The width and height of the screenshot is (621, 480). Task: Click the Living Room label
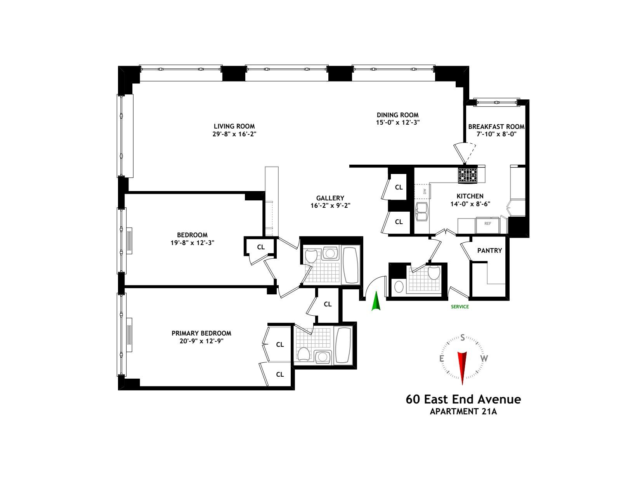tap(234, 126)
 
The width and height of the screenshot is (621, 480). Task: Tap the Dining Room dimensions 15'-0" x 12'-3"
tap(397, 122)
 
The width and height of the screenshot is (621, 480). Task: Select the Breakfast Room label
tap(496, 127)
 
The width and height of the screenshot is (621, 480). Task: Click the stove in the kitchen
tap(468, 175)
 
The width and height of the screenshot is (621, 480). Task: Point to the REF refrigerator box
tap(487, 224)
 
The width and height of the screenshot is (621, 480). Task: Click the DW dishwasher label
tap(425, 191)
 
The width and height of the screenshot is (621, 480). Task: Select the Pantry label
tap(489, 250)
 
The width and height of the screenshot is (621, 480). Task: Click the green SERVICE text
tap(460, 307)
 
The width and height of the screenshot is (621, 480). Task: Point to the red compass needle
tap(462, 365)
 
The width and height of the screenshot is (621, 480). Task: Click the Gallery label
tap(330, 198)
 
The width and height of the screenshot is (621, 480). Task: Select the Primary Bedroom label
tap(201, 333)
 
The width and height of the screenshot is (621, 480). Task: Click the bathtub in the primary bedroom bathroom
tap(343, 345)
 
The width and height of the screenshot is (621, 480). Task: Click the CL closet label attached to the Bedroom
tap(261, 247)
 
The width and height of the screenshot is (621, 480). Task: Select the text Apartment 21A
tap(463, 412)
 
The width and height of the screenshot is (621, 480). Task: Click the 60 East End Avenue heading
tap(463, 399)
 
